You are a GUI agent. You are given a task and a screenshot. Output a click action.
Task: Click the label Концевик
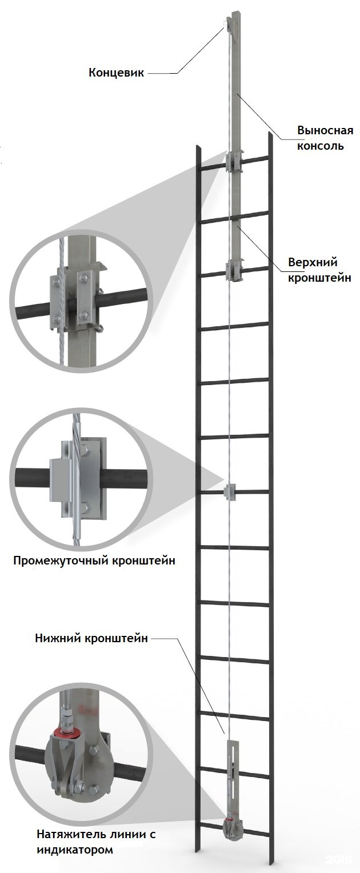[x=116, y=73]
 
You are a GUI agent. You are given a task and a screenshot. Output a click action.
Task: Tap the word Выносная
[x=325, y=130]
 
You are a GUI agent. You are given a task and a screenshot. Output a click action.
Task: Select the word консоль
[x=320, y=146]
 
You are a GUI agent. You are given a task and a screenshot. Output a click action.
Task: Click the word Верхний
[x=313, y=262]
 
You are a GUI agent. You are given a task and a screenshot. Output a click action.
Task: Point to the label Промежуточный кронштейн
[x=94, y=561]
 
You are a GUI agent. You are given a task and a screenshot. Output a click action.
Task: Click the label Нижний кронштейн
[x=91, y=638]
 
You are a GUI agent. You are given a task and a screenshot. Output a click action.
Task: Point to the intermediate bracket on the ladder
[x=230, y=492]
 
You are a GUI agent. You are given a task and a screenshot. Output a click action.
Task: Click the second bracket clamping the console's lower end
[x=234, y=270]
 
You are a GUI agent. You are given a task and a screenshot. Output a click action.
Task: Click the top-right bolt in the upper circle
[x=82, y=278]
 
